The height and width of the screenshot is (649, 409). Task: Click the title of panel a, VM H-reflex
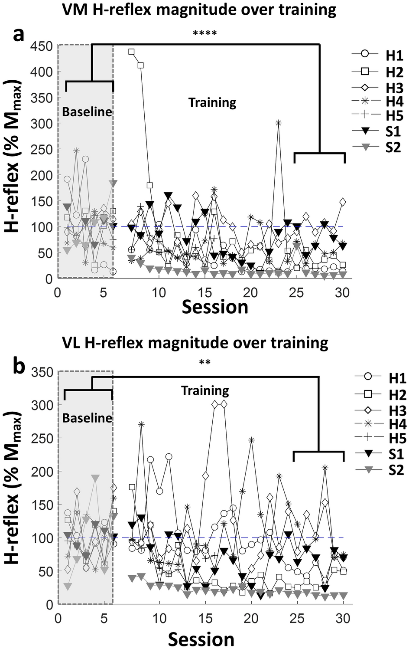point(199,10)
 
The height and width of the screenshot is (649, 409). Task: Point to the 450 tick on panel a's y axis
point(42,46)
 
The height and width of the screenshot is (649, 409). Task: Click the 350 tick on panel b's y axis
point(42,372)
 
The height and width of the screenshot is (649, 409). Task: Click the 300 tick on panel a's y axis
point(42,124)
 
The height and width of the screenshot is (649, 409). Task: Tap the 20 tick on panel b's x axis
point(251,618)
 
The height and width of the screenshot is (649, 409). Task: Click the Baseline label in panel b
point(87,418)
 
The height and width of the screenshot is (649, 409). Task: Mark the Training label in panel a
point(212,103)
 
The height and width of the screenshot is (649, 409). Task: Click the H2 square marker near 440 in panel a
point(131,52)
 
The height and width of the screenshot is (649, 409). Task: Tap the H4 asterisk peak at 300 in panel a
point(278,123)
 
